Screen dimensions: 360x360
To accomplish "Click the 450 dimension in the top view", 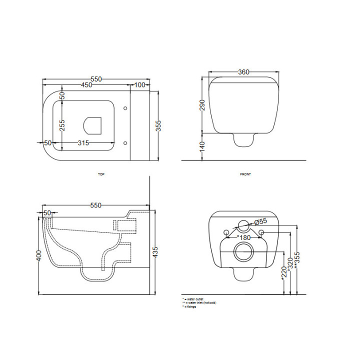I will (x=86, y=85).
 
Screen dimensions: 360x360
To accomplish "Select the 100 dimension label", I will (x=139, y=85).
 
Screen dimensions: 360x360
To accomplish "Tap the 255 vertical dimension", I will (x=62, y=125).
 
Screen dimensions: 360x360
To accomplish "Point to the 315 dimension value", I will (x=83, y=143).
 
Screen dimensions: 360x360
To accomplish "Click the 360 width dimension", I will (x=243, y=72).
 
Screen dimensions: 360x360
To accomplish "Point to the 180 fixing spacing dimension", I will (x=243, y=238).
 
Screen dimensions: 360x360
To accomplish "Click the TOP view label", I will (x=101, y=174).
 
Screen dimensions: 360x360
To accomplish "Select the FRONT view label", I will (x=245, y=174).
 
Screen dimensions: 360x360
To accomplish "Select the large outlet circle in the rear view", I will (x=243, y=252).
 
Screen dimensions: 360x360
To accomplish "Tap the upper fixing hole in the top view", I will (x=124, y=107).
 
